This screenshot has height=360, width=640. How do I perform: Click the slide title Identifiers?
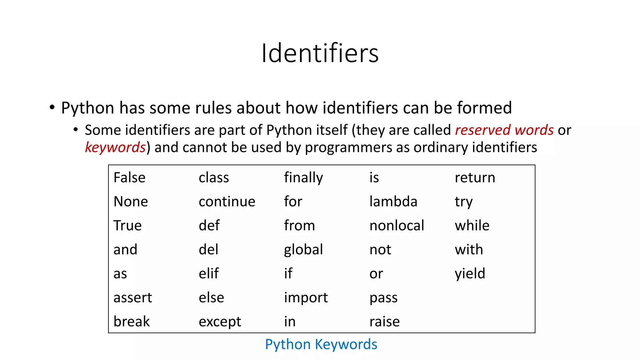pyautogui.click(x=320, y=53)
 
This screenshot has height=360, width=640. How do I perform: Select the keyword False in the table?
pyautogui.click(x=129, y=177)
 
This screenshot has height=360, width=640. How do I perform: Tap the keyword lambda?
pyautogui.click(x=393, y=202)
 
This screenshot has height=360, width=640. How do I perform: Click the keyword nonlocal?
pyautogui.click(x=397, y=226)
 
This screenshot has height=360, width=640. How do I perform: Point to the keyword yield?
pyautogui.click(x=470, y=274)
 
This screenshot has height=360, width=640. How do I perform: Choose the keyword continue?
pyautogui.click(x=227, y=202)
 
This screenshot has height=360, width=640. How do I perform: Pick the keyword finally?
pyautogui.click(x=303, y=177)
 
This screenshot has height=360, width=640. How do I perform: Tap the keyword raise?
pyautogui.click(x=384, y=322)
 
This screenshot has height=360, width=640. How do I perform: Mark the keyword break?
pyautogui.click(x=132, y=322)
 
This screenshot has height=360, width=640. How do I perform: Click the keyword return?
pyautogui.click(x=475, y=177)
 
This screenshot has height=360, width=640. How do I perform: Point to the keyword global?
pyautogui.click(x=303, y=250)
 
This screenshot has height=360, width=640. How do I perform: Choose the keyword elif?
pyautogui.click(x=208, y=273)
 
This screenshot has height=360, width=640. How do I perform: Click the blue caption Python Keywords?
pyautogui.click(x=321, y=344)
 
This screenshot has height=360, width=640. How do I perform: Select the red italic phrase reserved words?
pyautogui.click(x=504, y=130)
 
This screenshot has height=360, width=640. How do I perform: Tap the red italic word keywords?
pyautogui.click(x=115, y=147)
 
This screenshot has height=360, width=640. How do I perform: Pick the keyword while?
pyautogui.click(x=472, y=226)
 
